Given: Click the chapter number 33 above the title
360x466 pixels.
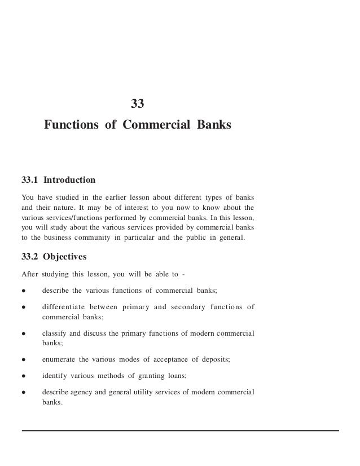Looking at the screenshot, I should pyautogui.click(x=138, y=104).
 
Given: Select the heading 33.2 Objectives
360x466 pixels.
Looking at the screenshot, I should pyautogui.click(x=54, y=257).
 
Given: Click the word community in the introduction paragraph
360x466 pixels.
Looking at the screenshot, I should pyautogui.click(x=102, y=238).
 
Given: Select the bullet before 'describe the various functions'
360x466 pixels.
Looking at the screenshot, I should pyautogui.click(x=23, y=291).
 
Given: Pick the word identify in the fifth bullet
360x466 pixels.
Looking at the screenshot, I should pyautogui.click(x=54, y=376).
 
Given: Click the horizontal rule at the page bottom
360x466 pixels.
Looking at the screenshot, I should pyautogui.click(x=181, y=430).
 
